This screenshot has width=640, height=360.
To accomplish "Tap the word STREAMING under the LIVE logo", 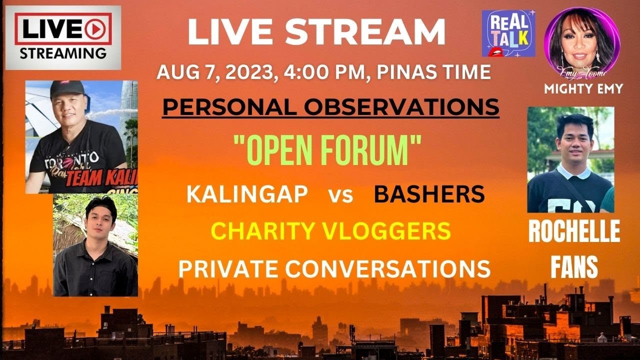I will [x=62, y=52].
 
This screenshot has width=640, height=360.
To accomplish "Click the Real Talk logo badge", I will [x=508, y=33].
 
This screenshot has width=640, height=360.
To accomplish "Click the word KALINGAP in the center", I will [x=247, y=194].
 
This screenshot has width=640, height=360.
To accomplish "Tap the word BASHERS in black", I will [x=429, y=194].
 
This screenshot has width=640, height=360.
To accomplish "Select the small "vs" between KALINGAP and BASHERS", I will [x=340, y=195].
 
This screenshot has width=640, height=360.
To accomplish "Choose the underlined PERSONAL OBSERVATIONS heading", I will [x=330, y=106].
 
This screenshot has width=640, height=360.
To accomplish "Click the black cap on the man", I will [x=68, y=90].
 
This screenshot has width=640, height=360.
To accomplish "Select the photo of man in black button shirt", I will [x=95, y=245].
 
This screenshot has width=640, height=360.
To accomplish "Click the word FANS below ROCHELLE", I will [x=574, y=267].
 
